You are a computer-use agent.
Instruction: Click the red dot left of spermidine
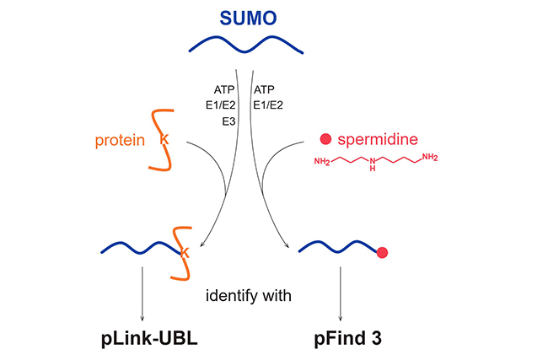(325, 139)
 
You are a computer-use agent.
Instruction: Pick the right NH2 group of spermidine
(429, 158)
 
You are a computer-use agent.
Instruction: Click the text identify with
(249, 295)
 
